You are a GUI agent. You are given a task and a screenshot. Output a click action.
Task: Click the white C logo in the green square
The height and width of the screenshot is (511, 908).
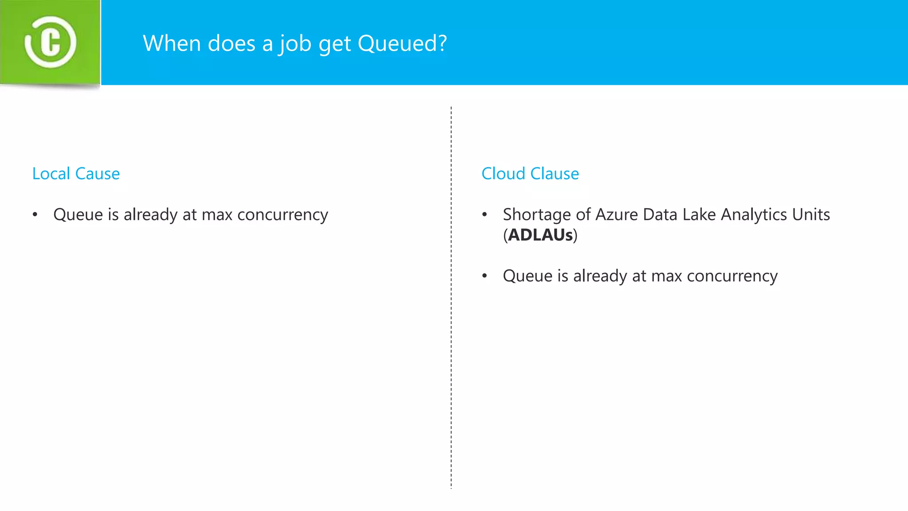pos(50,43)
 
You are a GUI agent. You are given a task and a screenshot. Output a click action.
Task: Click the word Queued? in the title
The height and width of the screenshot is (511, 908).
pos(402,43)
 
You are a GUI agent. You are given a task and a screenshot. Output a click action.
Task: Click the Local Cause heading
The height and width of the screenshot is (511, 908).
pos(76,173)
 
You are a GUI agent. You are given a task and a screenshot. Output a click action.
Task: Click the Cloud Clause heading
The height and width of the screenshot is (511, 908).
pos(530,173)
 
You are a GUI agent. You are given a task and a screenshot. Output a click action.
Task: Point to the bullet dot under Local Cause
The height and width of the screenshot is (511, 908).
pos(35,215)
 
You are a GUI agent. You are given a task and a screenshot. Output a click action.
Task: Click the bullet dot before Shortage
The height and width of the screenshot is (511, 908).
pos(485,215)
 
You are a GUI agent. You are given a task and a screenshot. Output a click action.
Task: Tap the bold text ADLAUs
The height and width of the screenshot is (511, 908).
pos(540,235)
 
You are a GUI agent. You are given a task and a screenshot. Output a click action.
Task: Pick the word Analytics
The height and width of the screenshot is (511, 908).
pos(753,215)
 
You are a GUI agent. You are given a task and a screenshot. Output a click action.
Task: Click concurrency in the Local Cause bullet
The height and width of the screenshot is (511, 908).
pos(282,215)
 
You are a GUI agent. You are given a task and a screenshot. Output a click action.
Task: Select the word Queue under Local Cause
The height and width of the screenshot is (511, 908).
pos(78,215)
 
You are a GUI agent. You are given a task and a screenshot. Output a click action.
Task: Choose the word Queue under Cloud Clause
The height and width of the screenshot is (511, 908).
pos(528,276)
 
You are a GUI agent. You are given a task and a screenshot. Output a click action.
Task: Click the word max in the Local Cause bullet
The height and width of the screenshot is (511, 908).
pos(217,215)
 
